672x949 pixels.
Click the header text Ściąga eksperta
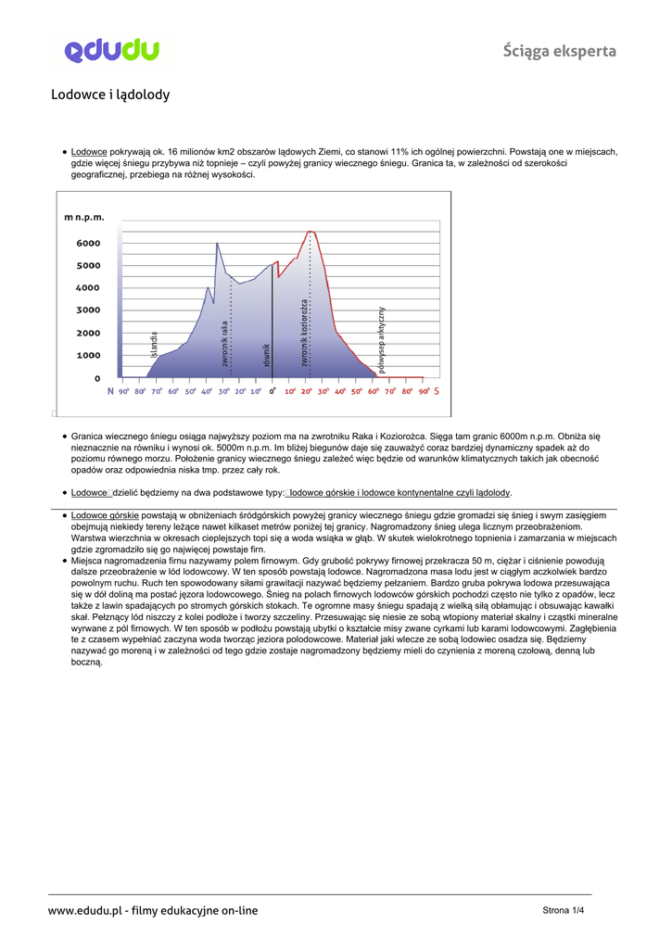pos(560,51)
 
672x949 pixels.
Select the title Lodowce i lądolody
pos(110,95)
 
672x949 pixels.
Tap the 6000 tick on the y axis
pos(88,244)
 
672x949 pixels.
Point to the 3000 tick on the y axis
pos(88,310)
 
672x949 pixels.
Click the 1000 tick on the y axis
pos(88,356)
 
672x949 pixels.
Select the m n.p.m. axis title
pos(84,217)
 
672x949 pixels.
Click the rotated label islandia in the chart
pos(155,344)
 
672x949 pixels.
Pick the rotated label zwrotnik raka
pos(224,343)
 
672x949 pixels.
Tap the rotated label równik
pos(266,354)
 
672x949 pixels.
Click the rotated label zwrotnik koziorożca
pos(304,332)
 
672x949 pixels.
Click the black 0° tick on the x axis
pos(273,391)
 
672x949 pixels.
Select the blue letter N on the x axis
pos(110,391)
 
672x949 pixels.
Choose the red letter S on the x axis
pos(436,391)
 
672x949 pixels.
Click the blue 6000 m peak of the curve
pos(217,244)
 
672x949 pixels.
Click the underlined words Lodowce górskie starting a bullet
pos(105,514)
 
